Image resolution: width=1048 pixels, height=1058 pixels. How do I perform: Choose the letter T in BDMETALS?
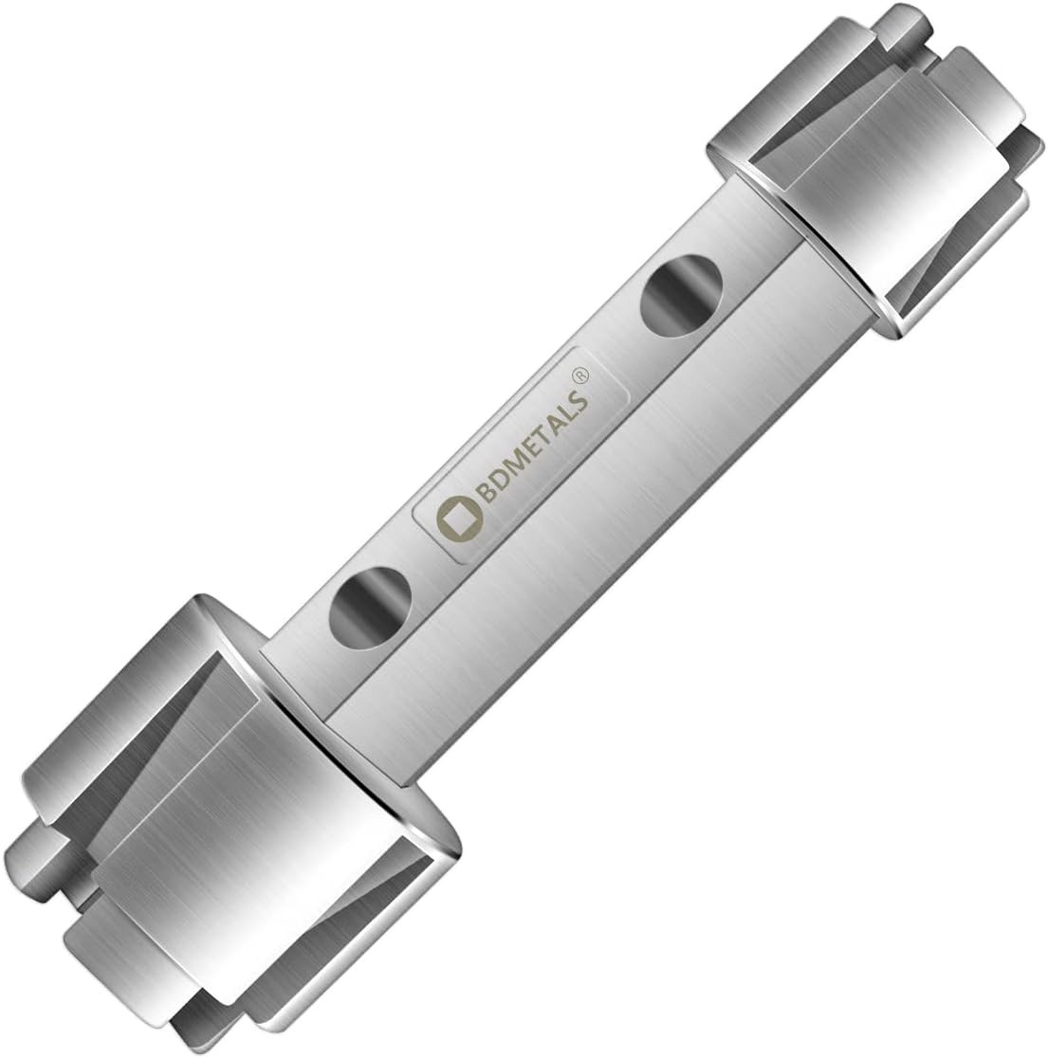[549, 429]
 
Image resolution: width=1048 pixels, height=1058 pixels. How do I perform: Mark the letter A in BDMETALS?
[562, 418]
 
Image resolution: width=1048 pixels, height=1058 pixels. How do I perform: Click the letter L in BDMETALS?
[572, 406]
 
